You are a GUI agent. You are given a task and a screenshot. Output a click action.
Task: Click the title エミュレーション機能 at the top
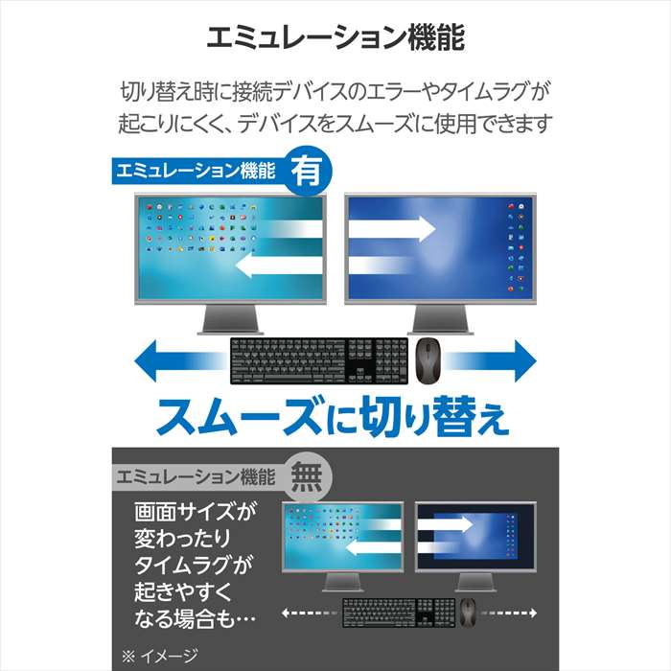[335, 37]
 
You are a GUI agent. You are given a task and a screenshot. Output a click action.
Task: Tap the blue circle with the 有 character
[308, 171]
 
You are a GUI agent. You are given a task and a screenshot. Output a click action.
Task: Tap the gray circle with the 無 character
[308, 476]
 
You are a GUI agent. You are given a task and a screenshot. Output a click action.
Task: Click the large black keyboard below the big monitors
[319, 360]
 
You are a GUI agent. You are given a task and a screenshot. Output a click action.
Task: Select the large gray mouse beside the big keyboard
[429, 360]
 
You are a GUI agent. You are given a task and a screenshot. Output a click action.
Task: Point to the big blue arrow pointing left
[180, 360]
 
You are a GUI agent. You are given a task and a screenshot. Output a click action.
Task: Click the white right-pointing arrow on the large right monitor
[392, 228]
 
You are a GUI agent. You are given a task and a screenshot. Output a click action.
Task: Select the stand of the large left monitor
[230, 319]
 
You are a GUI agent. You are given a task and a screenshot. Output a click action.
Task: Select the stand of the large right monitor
[440, 319]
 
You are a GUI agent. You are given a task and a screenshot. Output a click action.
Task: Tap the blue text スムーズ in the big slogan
[239, 416]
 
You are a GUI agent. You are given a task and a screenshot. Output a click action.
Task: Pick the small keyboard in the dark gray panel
[399, 613]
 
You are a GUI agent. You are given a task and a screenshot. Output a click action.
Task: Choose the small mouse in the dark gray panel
[468, 613]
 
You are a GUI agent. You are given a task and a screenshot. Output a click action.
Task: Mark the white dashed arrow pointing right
[508, 613]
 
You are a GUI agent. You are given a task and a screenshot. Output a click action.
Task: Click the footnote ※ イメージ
[160, 656]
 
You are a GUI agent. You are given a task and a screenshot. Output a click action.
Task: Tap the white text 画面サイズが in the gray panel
[196, 511]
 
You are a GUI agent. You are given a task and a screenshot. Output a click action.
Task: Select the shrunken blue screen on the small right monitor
[475, 535]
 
